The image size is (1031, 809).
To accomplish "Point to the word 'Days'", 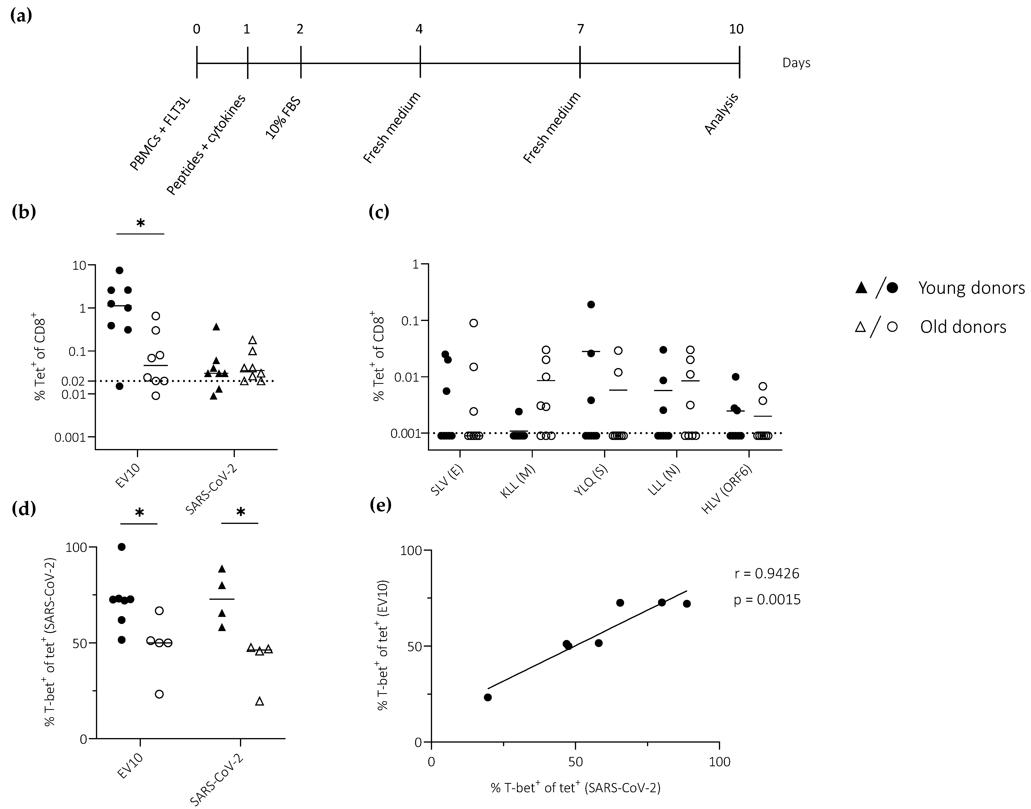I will [x=796, y=63].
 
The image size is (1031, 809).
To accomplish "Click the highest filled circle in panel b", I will [x=119, y=271].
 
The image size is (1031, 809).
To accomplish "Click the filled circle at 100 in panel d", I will [x=122, y=547].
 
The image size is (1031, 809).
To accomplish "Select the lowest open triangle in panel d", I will [x=259, y=701].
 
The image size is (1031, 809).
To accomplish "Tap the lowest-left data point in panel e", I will [x=488, y=697].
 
